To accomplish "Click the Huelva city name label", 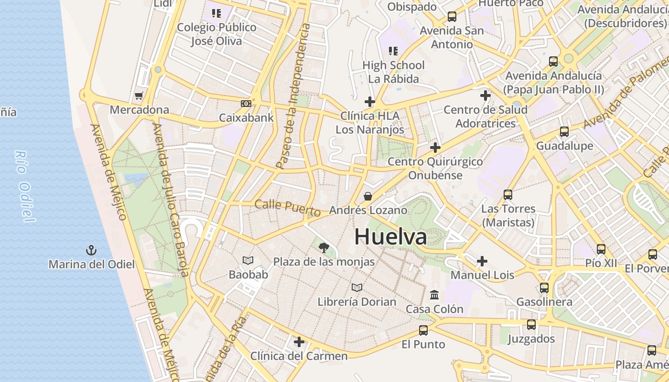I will pos(390,237).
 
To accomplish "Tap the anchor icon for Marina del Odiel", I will pos(91,250).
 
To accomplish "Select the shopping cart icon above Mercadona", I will pos(139,96).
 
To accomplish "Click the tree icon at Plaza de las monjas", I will pos(324,247).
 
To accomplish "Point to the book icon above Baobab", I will pos(248,260).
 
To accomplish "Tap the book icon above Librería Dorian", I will pos(357,287).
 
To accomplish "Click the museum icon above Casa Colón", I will pos(434,295).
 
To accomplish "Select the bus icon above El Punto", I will pos(423,330).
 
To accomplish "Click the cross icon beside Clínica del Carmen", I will pos(299,342).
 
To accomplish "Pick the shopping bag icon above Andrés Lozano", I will pos(368,196).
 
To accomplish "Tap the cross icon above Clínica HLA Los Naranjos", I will pos(370,101).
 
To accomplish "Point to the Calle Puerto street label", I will pos(288,207).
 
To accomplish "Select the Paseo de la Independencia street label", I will pos(293,95).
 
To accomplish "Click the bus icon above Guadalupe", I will pos(564,132).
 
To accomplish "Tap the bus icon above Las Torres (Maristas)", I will pos(508,195).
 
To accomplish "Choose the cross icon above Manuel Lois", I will pos(482,261).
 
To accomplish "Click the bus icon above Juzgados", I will pos(531,325).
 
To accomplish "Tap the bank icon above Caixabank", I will pos(246,103).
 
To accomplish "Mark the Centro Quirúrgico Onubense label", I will pos(435,168).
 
